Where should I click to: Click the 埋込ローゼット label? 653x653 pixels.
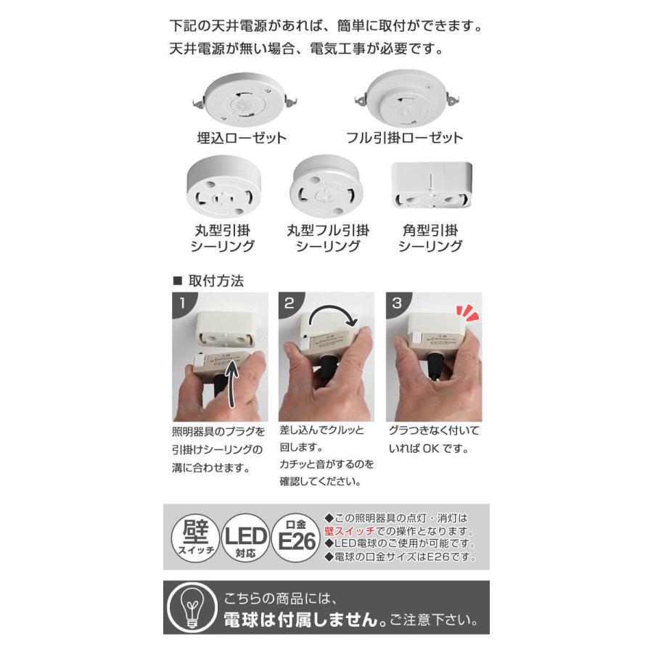231,138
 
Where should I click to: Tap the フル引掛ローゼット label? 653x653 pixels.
404,138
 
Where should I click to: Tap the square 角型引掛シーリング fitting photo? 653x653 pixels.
431,185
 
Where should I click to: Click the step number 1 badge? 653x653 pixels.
180,303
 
